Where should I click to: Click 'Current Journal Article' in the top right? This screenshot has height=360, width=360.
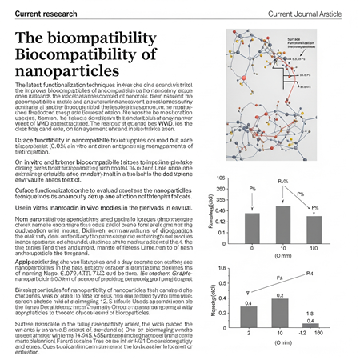point(304,10)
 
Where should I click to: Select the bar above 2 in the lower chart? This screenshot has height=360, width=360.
point(249,318)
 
